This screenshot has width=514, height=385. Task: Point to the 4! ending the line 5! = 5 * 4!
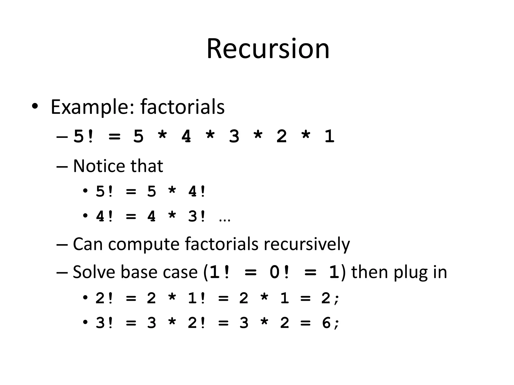[x=197, y=192]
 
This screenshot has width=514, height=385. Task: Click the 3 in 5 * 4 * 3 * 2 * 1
[x=234, y=137]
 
